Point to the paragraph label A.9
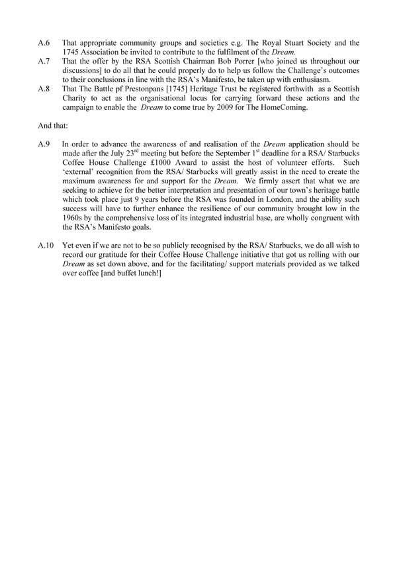coord(43,143)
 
